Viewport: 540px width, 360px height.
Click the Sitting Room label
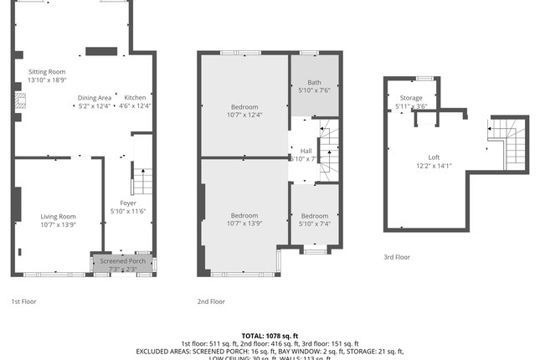(x=47, y=73)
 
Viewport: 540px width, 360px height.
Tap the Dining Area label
(x=95, y=97)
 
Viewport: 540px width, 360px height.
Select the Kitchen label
(x=135, y=97)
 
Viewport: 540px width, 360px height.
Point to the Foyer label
(x=128, y=203)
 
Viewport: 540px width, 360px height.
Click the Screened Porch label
(x=123, y=261)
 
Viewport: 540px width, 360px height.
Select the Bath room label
(x=314, y=82)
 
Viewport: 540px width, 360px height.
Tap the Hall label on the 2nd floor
(x=306, y=151)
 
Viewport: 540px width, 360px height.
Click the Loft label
(x=434, y=157)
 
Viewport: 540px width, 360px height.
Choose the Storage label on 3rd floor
(x=411, y=98)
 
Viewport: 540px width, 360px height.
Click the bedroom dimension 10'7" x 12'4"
(x=244, y=115)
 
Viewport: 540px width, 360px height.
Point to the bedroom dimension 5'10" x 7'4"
(x=315, y=224)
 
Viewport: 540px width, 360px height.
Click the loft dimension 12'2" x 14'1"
(x=434, y=166)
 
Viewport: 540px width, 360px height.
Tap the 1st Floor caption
(x=23, y=301)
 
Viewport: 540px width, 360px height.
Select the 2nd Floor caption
(x=211, y=301)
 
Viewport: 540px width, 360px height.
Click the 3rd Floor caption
(x=397, y=257)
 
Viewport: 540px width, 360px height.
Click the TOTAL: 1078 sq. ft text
(x=270, y=335)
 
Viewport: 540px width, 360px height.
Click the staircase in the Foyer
(x=142, y=181)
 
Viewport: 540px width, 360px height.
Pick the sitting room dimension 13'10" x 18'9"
(x=47, y=81)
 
